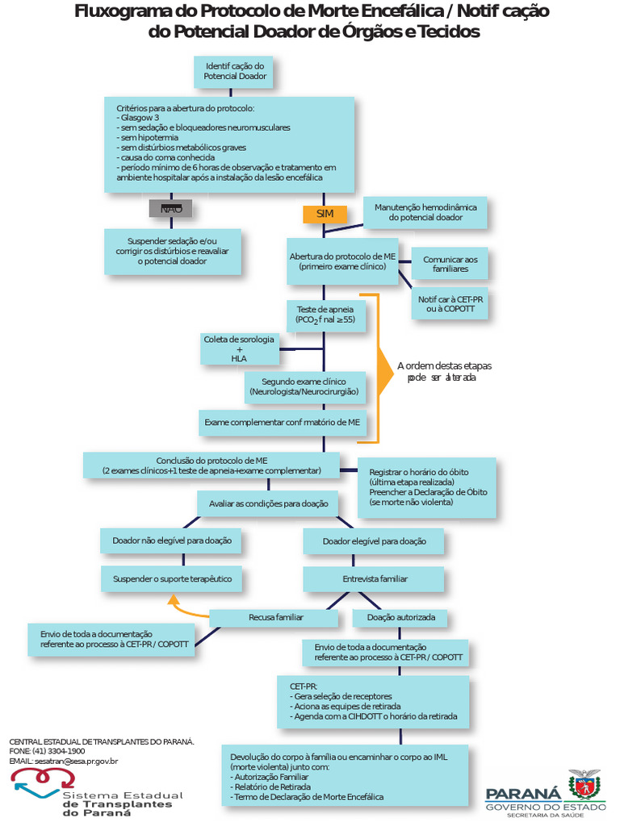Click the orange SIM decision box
325,214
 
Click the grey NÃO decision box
170,209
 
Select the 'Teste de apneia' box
325,315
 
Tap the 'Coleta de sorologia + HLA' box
239,348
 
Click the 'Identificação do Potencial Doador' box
235,71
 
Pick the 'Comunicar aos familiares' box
450,264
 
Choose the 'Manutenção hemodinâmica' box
425,213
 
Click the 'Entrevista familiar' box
374,579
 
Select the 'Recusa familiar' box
275,618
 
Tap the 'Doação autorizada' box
400,618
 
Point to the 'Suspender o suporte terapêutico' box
172,579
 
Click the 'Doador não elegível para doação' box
171,540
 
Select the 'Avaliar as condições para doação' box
269,503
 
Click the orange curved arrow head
171,599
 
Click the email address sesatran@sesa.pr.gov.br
77,761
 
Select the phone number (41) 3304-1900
59,751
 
